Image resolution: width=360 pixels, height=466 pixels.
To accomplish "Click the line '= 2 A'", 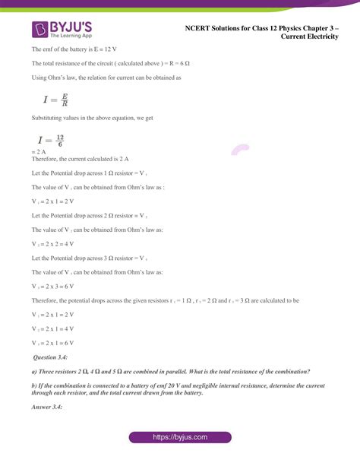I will [x=40, y=151].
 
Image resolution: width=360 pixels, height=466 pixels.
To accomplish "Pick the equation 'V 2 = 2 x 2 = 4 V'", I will [x=53, y=243].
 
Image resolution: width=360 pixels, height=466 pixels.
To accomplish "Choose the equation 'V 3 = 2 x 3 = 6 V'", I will [x=53, y=287].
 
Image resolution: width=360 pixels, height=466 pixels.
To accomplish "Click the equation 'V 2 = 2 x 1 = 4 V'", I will [x=53, y=328].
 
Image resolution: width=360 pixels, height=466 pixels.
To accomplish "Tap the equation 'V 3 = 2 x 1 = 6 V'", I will [x=53, y=343].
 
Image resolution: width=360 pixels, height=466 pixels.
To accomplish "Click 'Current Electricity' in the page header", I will [x=308, y=36].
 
